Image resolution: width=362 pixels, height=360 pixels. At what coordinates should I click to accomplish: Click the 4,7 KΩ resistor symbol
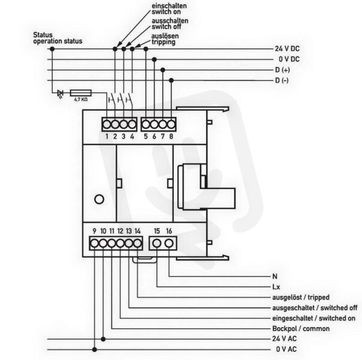80,93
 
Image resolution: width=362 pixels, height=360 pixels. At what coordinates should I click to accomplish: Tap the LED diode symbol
61,94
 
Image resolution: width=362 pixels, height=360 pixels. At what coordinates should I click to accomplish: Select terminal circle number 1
107,125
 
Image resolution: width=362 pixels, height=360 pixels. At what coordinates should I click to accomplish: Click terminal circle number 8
171,125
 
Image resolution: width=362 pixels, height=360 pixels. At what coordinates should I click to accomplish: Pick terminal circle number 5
146,125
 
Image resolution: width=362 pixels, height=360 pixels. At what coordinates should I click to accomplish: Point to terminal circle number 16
169,243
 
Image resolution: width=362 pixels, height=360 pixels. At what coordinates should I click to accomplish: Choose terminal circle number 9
95,243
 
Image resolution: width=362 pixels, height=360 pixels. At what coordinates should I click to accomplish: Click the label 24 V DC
287,49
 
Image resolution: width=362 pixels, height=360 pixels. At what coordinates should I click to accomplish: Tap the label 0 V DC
289,59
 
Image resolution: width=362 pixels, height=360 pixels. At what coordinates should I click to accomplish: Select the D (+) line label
282,70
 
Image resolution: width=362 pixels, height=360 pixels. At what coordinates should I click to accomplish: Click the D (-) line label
282,80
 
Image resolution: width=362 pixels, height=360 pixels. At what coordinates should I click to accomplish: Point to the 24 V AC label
285,339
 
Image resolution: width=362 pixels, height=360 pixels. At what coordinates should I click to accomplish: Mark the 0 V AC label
286,349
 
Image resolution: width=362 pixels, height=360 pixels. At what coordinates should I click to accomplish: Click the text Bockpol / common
301,328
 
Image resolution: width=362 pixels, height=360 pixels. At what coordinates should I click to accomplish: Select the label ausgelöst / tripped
301,297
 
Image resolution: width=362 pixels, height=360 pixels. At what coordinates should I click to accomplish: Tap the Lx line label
276,287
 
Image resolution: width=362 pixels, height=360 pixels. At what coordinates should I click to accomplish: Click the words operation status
58,41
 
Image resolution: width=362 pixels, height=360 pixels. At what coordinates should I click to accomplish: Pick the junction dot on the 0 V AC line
95,350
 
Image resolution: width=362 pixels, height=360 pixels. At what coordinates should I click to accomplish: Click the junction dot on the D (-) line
171,80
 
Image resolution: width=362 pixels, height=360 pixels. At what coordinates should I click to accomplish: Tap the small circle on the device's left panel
99,199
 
